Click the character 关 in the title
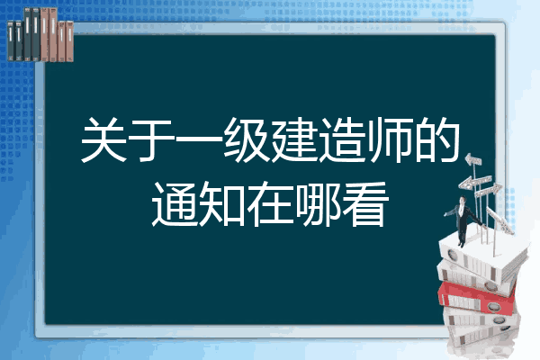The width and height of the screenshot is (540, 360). [104, 139]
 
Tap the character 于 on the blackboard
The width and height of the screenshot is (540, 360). [151, 139]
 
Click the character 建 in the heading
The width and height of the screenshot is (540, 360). [294, 139]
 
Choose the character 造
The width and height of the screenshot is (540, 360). [342, 139]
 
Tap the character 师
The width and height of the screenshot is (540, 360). [389, 139]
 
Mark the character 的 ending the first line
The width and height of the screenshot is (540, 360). [436, 139]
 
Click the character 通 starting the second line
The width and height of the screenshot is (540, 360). [175, 204]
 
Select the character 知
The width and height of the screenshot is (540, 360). [222, 204]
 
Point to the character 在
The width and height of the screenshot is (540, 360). [270, 204]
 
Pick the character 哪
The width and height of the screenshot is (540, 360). [318, 204]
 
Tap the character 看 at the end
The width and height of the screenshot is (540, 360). [365, 204]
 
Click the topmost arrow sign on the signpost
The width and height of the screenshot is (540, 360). [473, 159]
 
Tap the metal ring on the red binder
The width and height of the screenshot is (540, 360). [493, 307]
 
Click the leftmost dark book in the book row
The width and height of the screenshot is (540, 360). [11, 41]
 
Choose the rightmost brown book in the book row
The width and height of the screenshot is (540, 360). [69, 41]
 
